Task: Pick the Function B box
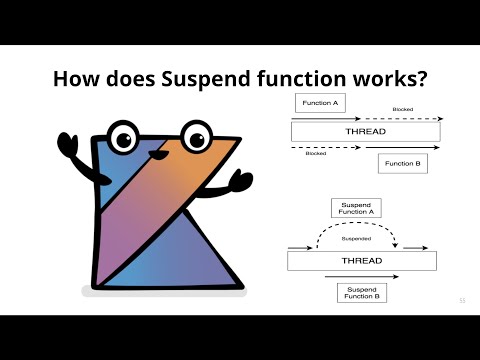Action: click(x=403, y=163)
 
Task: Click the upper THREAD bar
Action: click(x=365, y=132)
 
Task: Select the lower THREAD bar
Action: click(x=363, y=260)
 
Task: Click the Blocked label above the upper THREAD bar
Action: click(x=403, y=109)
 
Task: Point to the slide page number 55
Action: click(x=462, y=300)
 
